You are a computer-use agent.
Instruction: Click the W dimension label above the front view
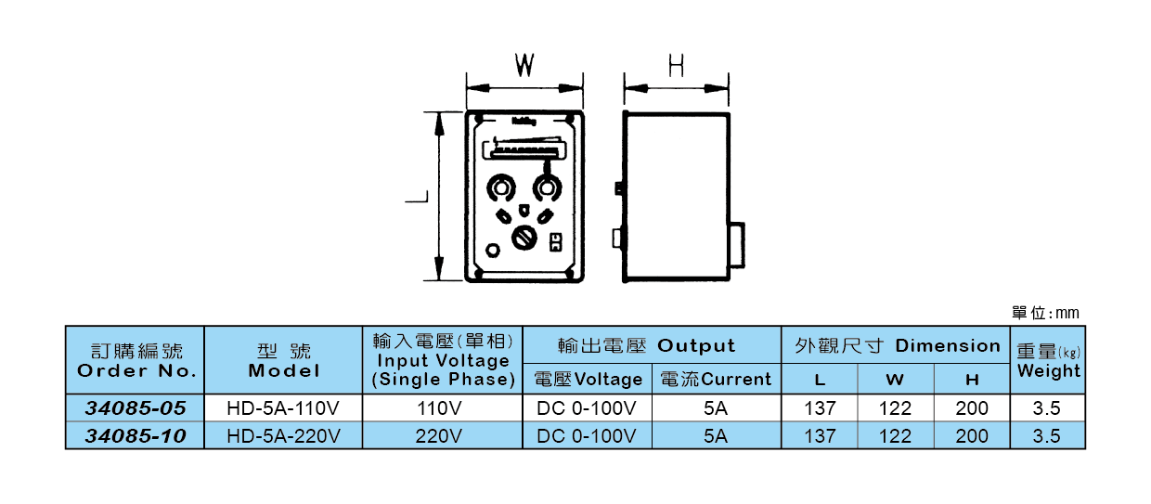(525, 65)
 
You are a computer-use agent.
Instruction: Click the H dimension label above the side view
(677, 65)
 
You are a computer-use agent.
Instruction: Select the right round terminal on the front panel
(546, 189)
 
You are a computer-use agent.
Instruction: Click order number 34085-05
(136, 408)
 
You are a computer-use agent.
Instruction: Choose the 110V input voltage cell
(442, 408)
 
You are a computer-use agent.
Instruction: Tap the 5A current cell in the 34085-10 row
(716, 436)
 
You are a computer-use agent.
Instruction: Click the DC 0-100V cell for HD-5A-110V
(587, 408)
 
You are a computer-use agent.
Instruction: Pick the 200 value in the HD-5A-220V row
(971, 436)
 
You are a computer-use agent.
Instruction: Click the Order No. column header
(136, 361)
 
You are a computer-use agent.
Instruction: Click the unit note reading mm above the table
(1045, 314)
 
